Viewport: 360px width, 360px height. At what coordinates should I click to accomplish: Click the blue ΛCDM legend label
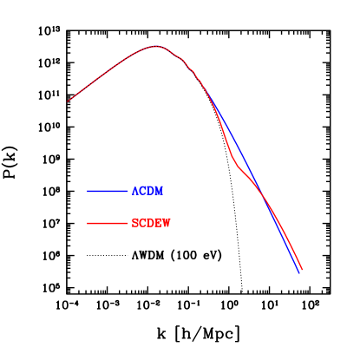pyautogui.click(x=147, y=191)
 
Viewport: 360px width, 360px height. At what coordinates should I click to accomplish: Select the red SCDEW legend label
pyautogui.click(x=151, y=223)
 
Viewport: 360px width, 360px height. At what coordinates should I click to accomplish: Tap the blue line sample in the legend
pyautogui.click(x=108, y=191)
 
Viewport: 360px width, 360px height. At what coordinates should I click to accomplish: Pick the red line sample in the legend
pyautogui.click(x=108, y=224)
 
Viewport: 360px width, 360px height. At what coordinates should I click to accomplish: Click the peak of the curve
pyautogui.click(x=156, y=46)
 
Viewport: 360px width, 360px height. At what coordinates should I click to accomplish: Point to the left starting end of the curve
pyautogui.click(x=68, y=101)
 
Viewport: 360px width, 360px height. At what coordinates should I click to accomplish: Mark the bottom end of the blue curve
pyautogui.click(x=299, y=272)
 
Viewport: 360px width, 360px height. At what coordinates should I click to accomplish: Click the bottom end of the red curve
pyautogui.click(x=302, y=270)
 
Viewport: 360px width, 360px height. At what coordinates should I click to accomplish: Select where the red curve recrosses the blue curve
pyautogui.click(x=265, y=199)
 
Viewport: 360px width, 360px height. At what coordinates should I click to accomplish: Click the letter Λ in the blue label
pyautogui.click(x=134, y=191)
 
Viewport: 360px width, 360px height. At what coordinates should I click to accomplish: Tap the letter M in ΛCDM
pyautogui.click(x=159, y=191)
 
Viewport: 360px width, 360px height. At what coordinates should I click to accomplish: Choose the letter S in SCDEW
pyautogui.click(x=134, y=223)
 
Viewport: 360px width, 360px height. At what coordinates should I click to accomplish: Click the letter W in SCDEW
pyautogui.click(x=167, y=223)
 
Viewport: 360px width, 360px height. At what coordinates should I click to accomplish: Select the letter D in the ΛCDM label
pyautogui.click(x=150, y=191)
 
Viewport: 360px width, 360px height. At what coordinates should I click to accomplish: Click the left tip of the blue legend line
pyautogui.click(x=88, y=191)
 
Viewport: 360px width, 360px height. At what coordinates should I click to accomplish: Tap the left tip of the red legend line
pyautogui.click(x=88, y=224)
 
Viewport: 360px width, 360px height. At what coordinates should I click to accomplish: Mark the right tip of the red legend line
pyautogui.click(x=128, y=224)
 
